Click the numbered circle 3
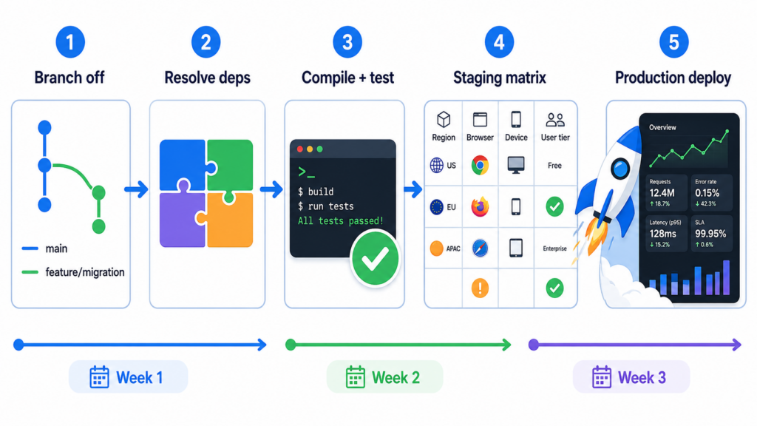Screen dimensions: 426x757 pos(347,42)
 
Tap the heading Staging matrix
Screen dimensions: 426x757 pos(499,77)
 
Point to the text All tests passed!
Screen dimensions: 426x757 pos(340,221)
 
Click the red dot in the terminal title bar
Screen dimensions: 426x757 pos(299,149)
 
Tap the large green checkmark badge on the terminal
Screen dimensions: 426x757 pos(374,258)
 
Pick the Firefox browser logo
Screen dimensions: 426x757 pos(480,207)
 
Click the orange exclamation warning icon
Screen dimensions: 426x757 pos(480,288)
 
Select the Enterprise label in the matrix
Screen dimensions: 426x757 pos(554,248)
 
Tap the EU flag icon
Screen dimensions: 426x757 pos(437,207)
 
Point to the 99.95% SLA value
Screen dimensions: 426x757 pos(710,234)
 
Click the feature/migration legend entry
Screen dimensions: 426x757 pos(84,272)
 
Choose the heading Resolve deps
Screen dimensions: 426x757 pos(207,77)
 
